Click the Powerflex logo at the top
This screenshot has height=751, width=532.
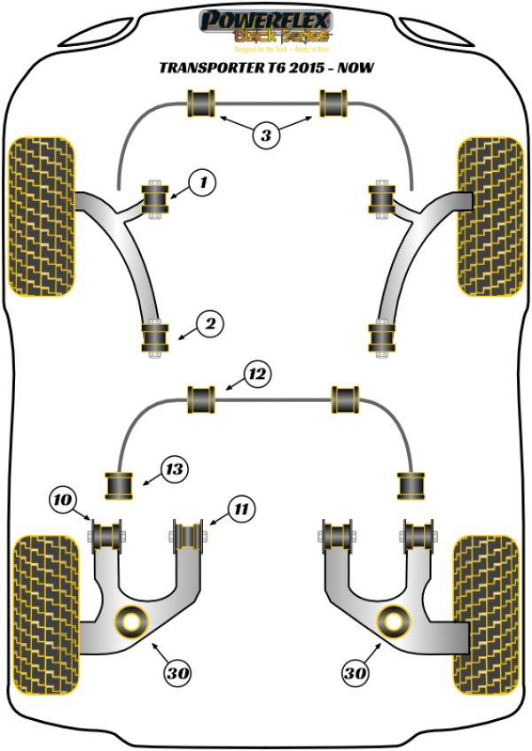click(266, 26)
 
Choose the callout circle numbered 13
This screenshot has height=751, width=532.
click(175, 470)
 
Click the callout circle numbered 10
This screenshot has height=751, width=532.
click(62, 502)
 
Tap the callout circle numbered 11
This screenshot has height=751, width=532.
click(241, 509)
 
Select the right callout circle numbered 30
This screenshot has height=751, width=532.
click(356, 673)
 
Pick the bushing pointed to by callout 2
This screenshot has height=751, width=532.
click(156, 337)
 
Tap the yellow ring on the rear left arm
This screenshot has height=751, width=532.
click(133, 620)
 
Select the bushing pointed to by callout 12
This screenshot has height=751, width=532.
click(203, 399)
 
